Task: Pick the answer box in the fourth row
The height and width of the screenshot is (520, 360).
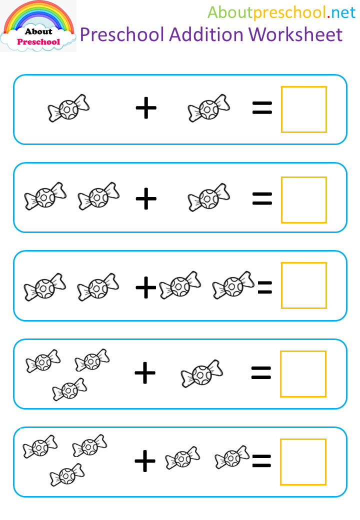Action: tap(280, 374)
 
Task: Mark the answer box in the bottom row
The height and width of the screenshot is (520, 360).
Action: tap(280, 462)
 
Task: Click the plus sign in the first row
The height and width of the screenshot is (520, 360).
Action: tap(146, 108)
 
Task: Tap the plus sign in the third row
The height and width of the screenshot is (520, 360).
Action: tap(146, 287)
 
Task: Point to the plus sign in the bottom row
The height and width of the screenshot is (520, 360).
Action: tap(145, 461)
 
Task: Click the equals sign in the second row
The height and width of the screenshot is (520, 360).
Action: tap(262, 198)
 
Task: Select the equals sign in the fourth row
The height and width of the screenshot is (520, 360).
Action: tap(261, 373)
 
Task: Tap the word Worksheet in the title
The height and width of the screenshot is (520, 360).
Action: tap(295, 34)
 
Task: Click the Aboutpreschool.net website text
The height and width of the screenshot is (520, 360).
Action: tap(282, 12)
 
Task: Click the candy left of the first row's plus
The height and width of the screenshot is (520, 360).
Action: tap(68, 108)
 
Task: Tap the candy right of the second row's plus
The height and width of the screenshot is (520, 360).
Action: tap(209, 197)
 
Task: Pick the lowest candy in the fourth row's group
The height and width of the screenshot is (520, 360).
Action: tap(69, 389)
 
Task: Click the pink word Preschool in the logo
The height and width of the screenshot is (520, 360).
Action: tap(39, 42)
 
